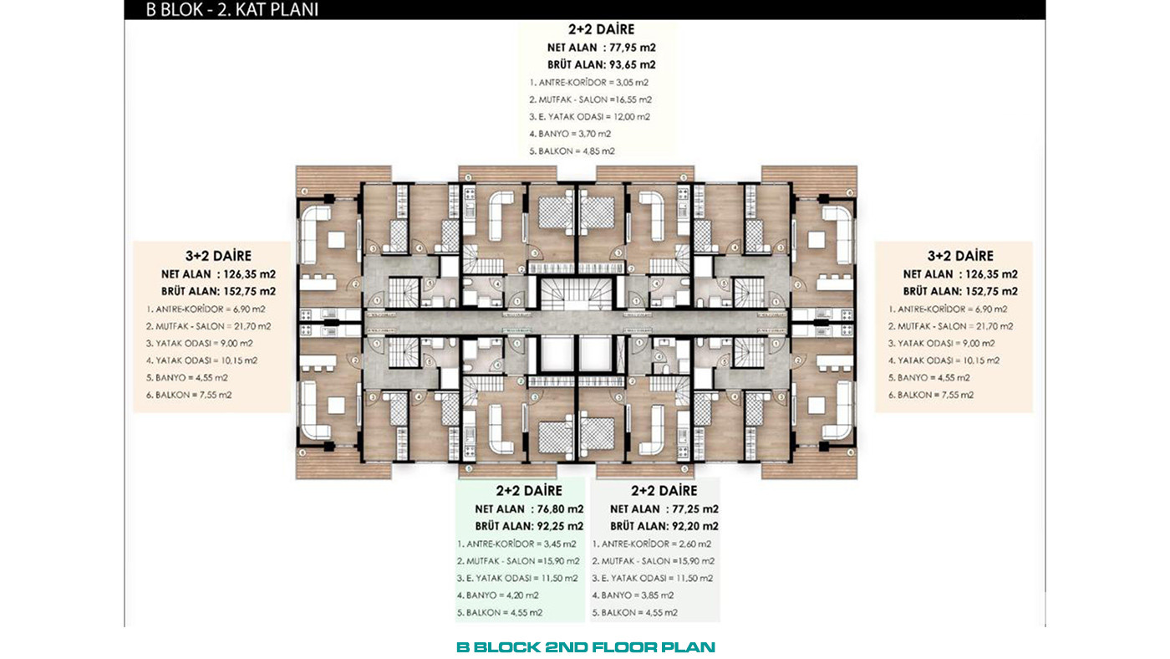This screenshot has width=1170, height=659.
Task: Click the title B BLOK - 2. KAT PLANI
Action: (232, 10)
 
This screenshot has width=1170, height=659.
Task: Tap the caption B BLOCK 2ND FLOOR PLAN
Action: (586, 647)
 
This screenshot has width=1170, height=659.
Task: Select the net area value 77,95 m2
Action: (632, 48)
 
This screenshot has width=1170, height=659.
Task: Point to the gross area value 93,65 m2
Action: (632, 64)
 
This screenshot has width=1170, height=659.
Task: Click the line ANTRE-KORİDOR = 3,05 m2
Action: (588, 83)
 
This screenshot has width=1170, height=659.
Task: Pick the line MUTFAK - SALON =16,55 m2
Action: (590, 100)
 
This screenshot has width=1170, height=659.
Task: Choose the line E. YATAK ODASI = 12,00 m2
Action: (590, 117)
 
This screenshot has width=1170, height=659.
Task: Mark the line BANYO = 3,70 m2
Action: (570, 134)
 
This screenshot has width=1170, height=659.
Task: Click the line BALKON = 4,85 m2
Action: (572, 151)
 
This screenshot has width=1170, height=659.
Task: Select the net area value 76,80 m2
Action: (560, 509)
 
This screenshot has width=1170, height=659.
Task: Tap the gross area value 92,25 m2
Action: (560, 526)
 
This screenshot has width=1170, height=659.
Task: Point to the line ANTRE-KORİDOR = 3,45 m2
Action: (516, 544)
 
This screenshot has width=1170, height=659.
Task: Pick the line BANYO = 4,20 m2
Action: (498, 595)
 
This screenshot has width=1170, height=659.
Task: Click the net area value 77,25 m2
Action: (695, 509)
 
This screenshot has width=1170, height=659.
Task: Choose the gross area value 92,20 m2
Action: (695, 526)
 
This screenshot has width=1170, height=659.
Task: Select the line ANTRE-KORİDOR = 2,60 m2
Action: (651, 544)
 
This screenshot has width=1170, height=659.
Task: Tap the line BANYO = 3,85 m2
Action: (633, 595)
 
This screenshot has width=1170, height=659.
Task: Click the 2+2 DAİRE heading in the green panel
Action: (529, 491)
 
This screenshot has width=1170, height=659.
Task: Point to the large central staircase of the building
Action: (576, 294)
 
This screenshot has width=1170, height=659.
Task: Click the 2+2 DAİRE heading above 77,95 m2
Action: (601, 29)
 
